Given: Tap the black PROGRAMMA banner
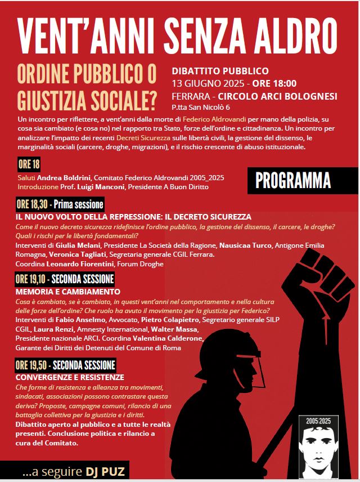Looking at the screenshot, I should click(x=292, y=180).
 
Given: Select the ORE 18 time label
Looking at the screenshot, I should click(x=29, y=164).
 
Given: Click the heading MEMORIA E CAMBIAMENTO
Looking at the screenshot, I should click(x=67, y=292).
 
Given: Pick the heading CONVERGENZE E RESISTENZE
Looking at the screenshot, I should click(x=70, y=377).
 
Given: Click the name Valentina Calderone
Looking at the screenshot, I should click(x=168, y=338).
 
